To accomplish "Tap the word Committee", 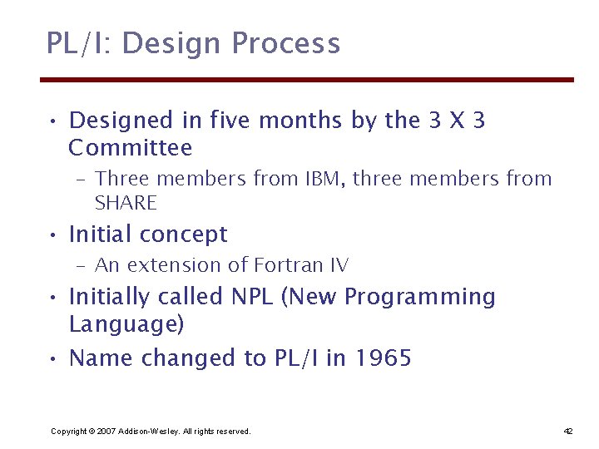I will point(131,149).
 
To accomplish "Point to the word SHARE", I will point(126,203).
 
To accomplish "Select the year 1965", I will point(383,358).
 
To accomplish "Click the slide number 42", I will point(568,431).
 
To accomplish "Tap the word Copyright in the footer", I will point(68,431).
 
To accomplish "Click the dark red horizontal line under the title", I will point(308,80).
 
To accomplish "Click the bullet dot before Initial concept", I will point(52,236).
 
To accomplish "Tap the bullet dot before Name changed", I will point(52,360).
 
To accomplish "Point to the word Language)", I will point(126,324).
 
